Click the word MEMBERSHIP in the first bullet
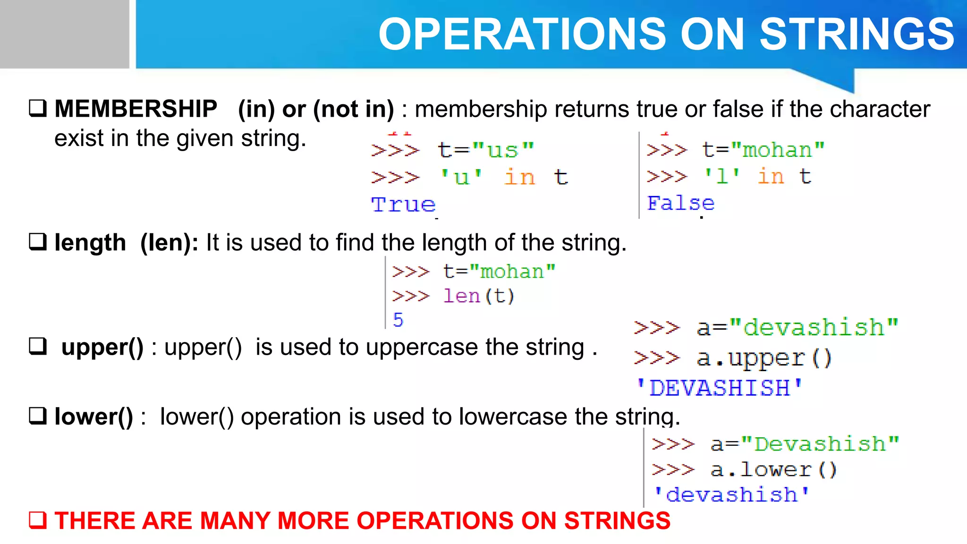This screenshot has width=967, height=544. pos(136,109)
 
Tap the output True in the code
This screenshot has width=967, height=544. pos(403,204)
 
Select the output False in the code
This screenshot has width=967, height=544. pos(680,203)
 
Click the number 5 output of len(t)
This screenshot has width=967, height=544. pos(398,320)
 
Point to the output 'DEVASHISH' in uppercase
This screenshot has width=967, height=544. pos(719,388)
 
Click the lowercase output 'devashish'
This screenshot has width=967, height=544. pos(731,494)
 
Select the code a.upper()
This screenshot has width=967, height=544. pos(764,358)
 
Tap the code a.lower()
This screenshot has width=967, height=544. pos(773,469)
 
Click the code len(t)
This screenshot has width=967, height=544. pos(478,296)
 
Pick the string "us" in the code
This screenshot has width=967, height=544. pos(503,150)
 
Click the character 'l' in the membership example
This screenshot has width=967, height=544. pos(722,177)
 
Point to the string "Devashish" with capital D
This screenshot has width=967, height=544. pos(820,444)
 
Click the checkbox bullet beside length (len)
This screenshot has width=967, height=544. pos(38,242)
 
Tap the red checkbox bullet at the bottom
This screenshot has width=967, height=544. pos(38,520)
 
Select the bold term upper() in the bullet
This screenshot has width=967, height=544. pos(102,348)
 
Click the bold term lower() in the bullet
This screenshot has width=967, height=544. pos(93,416)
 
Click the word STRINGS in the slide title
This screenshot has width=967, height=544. pos(857,34)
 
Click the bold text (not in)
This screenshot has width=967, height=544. pos(353,109)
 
